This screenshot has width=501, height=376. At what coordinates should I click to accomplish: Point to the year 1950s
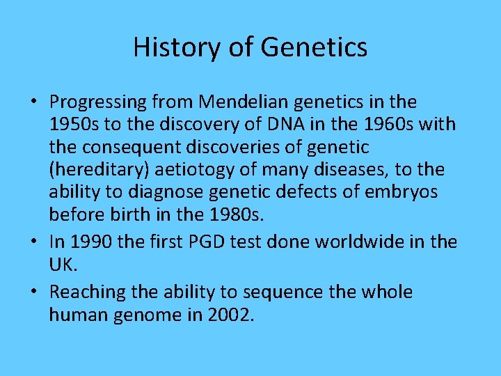[73, 125]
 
